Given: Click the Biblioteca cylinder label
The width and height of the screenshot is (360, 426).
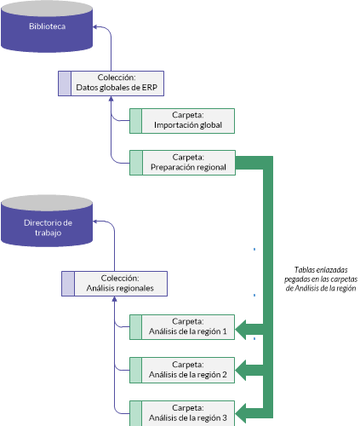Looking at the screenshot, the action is click(x=47, y=26).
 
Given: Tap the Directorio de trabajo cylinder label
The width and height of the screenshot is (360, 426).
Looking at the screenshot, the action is click(x=48, y=227).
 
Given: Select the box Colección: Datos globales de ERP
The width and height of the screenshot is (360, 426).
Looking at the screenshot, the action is click(x=111, y=83).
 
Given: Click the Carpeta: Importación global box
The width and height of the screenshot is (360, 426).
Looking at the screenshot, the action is click(x=182, y=121).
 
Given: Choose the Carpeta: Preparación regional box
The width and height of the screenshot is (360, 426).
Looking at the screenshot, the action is click(x=182, y=163).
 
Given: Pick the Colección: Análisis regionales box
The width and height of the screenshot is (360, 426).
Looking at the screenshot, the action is click(x=114, y=284).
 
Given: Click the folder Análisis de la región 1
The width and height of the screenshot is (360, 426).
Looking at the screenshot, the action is click(x=182, y=327).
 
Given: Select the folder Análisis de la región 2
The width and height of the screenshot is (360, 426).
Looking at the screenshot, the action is click(x=182, y=370).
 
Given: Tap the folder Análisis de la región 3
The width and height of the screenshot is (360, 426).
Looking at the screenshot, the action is click(x=182, y=413).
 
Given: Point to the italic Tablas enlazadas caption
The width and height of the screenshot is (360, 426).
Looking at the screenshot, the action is click(x=321, y=279).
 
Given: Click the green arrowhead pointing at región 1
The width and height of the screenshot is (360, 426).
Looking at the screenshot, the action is click(x=241, y=330).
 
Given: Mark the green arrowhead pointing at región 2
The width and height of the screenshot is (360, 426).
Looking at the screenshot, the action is click(x=241, y=371).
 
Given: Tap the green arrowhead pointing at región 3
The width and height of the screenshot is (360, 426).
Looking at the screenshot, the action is click(x=241, y=413).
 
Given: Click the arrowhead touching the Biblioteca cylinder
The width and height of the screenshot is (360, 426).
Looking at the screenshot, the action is click(x=95, y=26).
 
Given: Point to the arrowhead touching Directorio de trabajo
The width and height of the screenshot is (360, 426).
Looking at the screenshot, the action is click(x=95, y=222).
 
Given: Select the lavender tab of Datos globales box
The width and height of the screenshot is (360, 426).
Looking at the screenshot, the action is click(x=65, y=83).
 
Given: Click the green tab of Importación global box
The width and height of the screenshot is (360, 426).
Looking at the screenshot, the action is click(x=136, y=121).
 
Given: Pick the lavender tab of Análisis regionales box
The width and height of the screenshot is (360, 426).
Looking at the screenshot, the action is click(x=68, y=284).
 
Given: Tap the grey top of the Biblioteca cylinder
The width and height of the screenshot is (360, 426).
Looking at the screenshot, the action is click(x=47, y=9).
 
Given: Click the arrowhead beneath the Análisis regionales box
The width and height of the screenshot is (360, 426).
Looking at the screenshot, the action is click(x=114, y=299).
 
